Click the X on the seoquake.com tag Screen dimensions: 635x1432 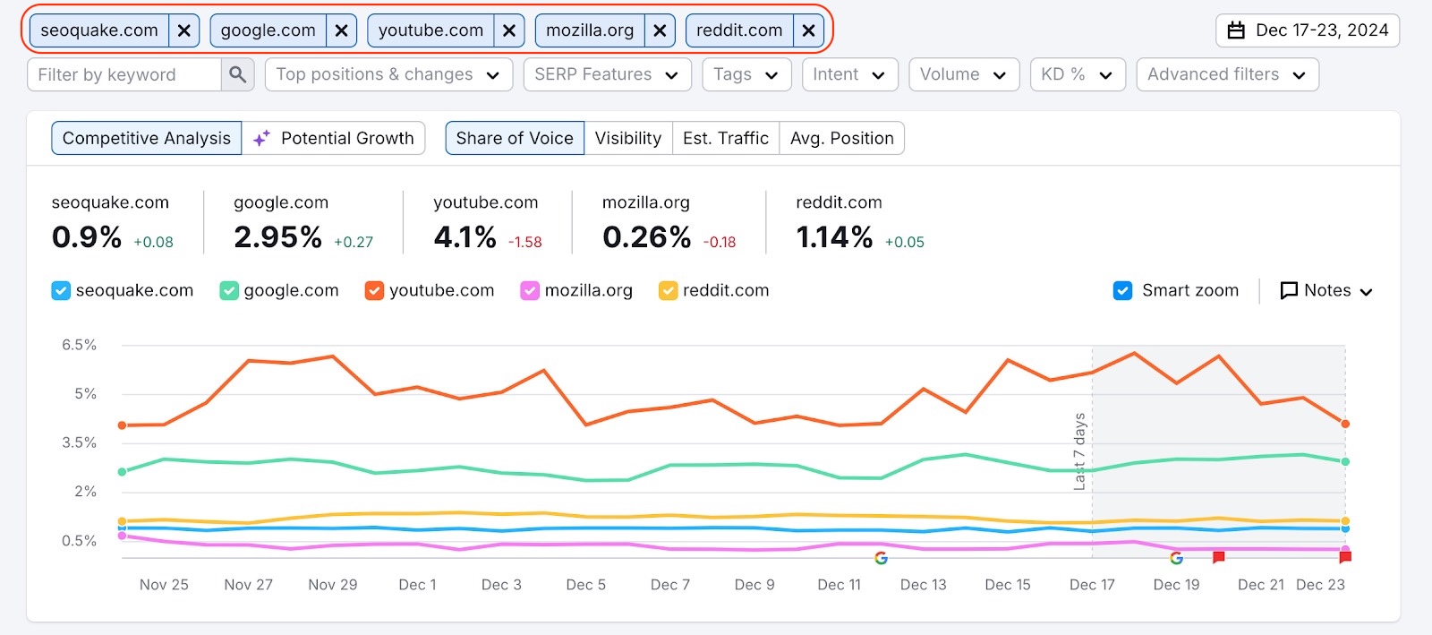(183, 30)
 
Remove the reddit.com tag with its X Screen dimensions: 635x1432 (808, 30)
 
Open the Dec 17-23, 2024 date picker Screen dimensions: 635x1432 (1308, 30)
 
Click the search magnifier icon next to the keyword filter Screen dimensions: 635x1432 (237, 74)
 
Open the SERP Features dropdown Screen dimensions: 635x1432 (607, 74)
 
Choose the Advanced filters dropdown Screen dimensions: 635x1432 (1227, 74)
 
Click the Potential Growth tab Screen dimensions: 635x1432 (334, 138)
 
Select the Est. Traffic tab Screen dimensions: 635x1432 (725, 138)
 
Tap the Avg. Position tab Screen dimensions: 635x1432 (841, 138)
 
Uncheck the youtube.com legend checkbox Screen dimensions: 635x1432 (374, 290)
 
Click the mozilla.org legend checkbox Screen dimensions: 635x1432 (530, 290)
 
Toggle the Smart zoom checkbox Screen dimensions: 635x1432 (1123, 290)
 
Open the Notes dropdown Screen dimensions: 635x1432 (1326, 290)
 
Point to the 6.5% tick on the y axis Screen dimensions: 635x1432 (79, 345)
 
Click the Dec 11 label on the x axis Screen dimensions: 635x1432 (839, 585)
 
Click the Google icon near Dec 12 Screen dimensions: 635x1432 (881, 558)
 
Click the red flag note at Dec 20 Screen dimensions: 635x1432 (1218, 557)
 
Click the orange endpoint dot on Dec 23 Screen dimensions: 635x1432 (1345, 424)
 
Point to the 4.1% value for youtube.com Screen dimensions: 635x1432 (465, 237)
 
